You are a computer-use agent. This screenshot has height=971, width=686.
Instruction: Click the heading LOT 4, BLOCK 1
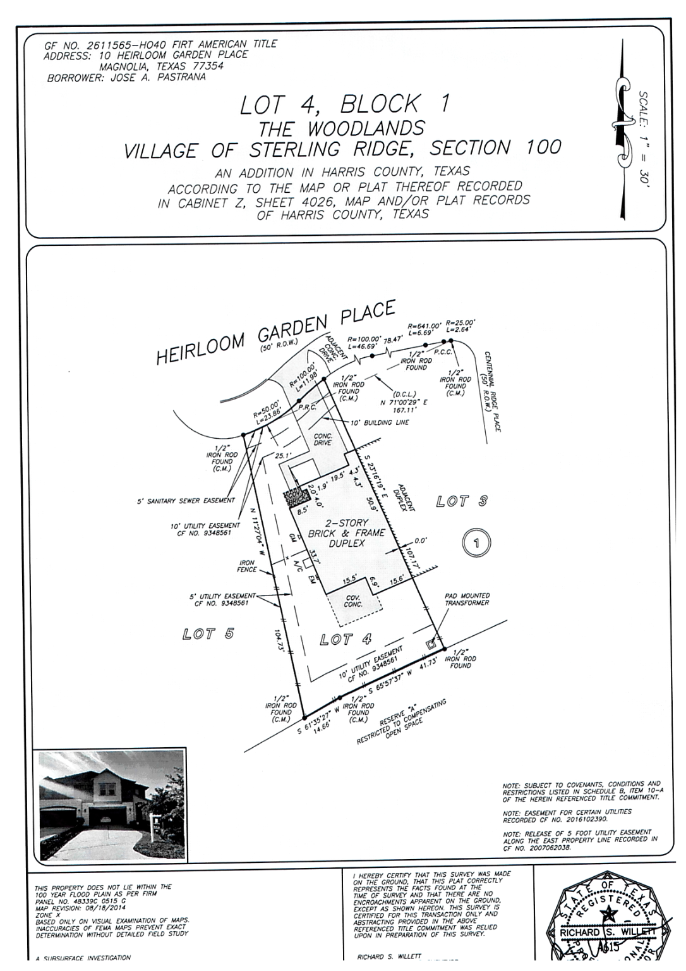[344, 104]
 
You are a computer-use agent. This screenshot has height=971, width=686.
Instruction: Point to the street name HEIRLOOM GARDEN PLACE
[275, 333]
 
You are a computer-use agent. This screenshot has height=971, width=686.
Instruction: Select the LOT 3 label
[462, 502]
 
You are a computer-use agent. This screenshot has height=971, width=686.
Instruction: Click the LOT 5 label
[208, 633]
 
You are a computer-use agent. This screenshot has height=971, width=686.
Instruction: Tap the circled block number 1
[477, 542]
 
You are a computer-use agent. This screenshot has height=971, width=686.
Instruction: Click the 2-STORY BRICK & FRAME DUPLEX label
[346, 533]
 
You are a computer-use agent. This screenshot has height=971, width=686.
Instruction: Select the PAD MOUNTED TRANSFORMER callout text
[467, 599]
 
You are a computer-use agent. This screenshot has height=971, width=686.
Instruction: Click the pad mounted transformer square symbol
[431, 644]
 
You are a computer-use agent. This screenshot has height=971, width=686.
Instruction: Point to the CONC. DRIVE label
[323, 439]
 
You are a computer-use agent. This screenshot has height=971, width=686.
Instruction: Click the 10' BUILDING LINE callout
[380, 422]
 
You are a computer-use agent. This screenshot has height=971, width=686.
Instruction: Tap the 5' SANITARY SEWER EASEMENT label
[186, 501]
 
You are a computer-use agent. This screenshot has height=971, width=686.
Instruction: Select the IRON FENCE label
[247, 566]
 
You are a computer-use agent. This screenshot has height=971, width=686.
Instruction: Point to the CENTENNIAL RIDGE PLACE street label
[492, 392]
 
